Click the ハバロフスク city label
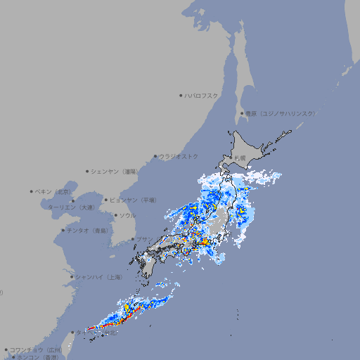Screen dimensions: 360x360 point(201,95)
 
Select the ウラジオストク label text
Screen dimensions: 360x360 point(179,156)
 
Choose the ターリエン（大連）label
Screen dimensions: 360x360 point(70,207)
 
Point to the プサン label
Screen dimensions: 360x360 point(143,239)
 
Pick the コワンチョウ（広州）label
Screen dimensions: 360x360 point(35,349)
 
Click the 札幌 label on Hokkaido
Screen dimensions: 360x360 point(240,157)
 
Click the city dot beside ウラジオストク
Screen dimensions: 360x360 point(155,156)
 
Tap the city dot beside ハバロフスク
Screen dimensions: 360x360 point(181,95)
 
